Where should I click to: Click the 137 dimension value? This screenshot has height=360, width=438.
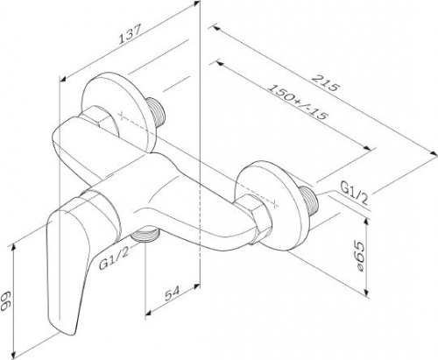(131, 34)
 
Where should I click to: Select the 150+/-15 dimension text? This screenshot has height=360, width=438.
(297, 102)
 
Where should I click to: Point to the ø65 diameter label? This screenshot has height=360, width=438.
(360, 256)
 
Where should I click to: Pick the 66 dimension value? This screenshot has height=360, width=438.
(6, 300)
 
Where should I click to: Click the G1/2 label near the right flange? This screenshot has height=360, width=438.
(354, 194)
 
